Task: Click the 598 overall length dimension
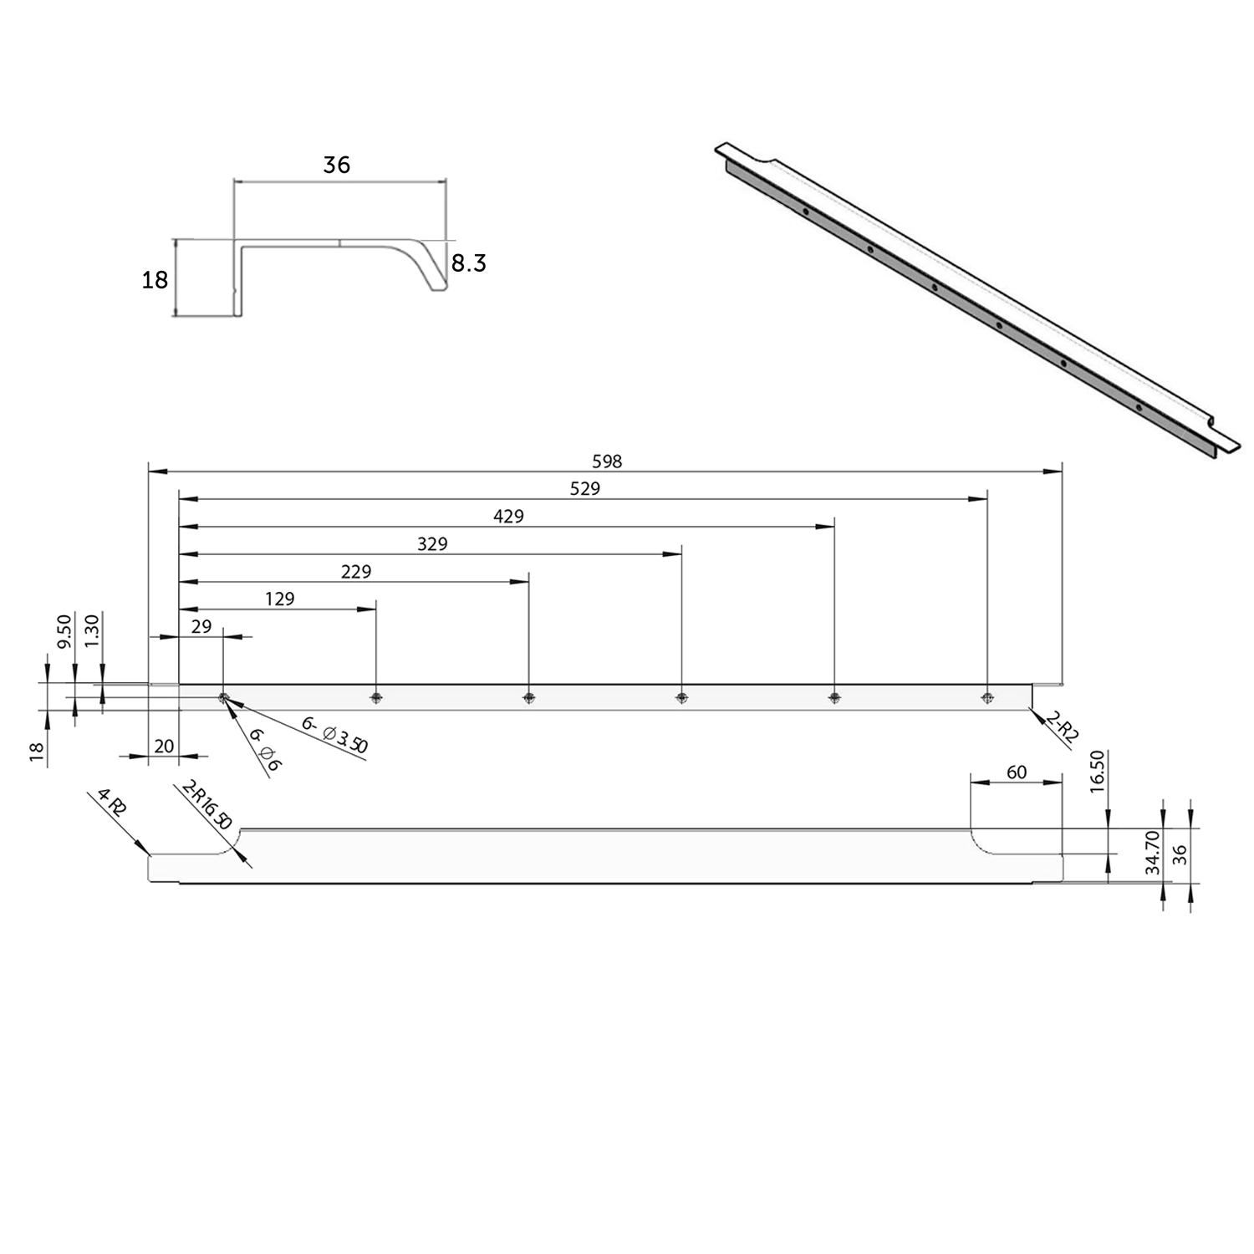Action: (607, 461)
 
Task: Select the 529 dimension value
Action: (584, 488)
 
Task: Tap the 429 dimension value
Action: (508, 516)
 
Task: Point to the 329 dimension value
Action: (432, 543)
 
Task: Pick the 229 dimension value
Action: (356, 571)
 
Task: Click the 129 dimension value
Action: (280, 599)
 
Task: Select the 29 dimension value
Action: (201, 626)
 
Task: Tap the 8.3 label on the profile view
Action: (468, 263)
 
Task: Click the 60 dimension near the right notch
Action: (1017, 772)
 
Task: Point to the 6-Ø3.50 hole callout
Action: (334, 735)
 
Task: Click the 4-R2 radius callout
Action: (112, 803)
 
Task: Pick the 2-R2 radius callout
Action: (1063, 726)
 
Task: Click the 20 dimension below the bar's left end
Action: (165, 745)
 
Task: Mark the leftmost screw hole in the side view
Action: (223, 697)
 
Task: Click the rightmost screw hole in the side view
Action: (987, 697)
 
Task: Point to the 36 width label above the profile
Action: (336, 165)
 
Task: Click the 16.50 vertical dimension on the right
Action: (1098, 771)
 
